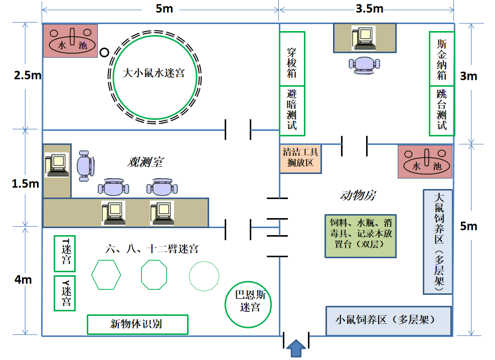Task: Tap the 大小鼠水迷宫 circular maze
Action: coord(154,73)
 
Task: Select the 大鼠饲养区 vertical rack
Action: coord(438,241)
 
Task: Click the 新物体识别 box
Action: coord(137,324)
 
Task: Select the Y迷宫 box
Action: coord(64,292)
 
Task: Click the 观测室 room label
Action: coord(145,162)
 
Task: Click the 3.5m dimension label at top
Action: coord(369,9)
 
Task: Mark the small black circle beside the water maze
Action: coord(104,52)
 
